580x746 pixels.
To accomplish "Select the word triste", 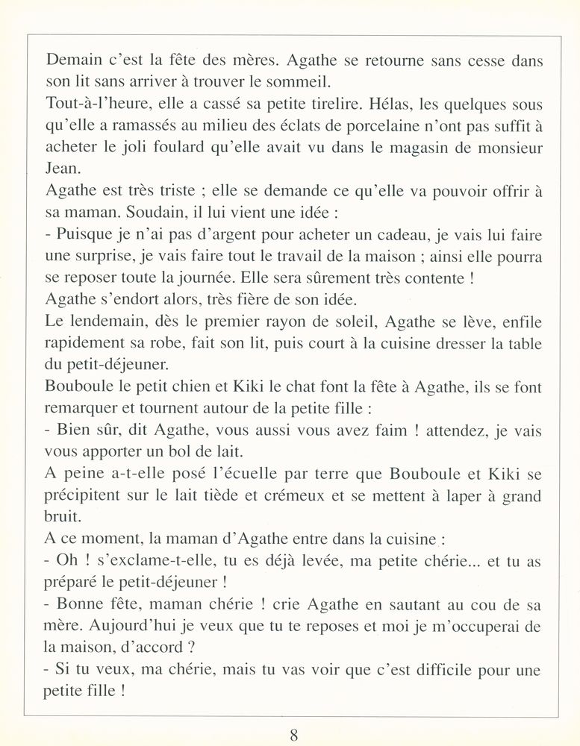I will (x=178, y=190).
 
